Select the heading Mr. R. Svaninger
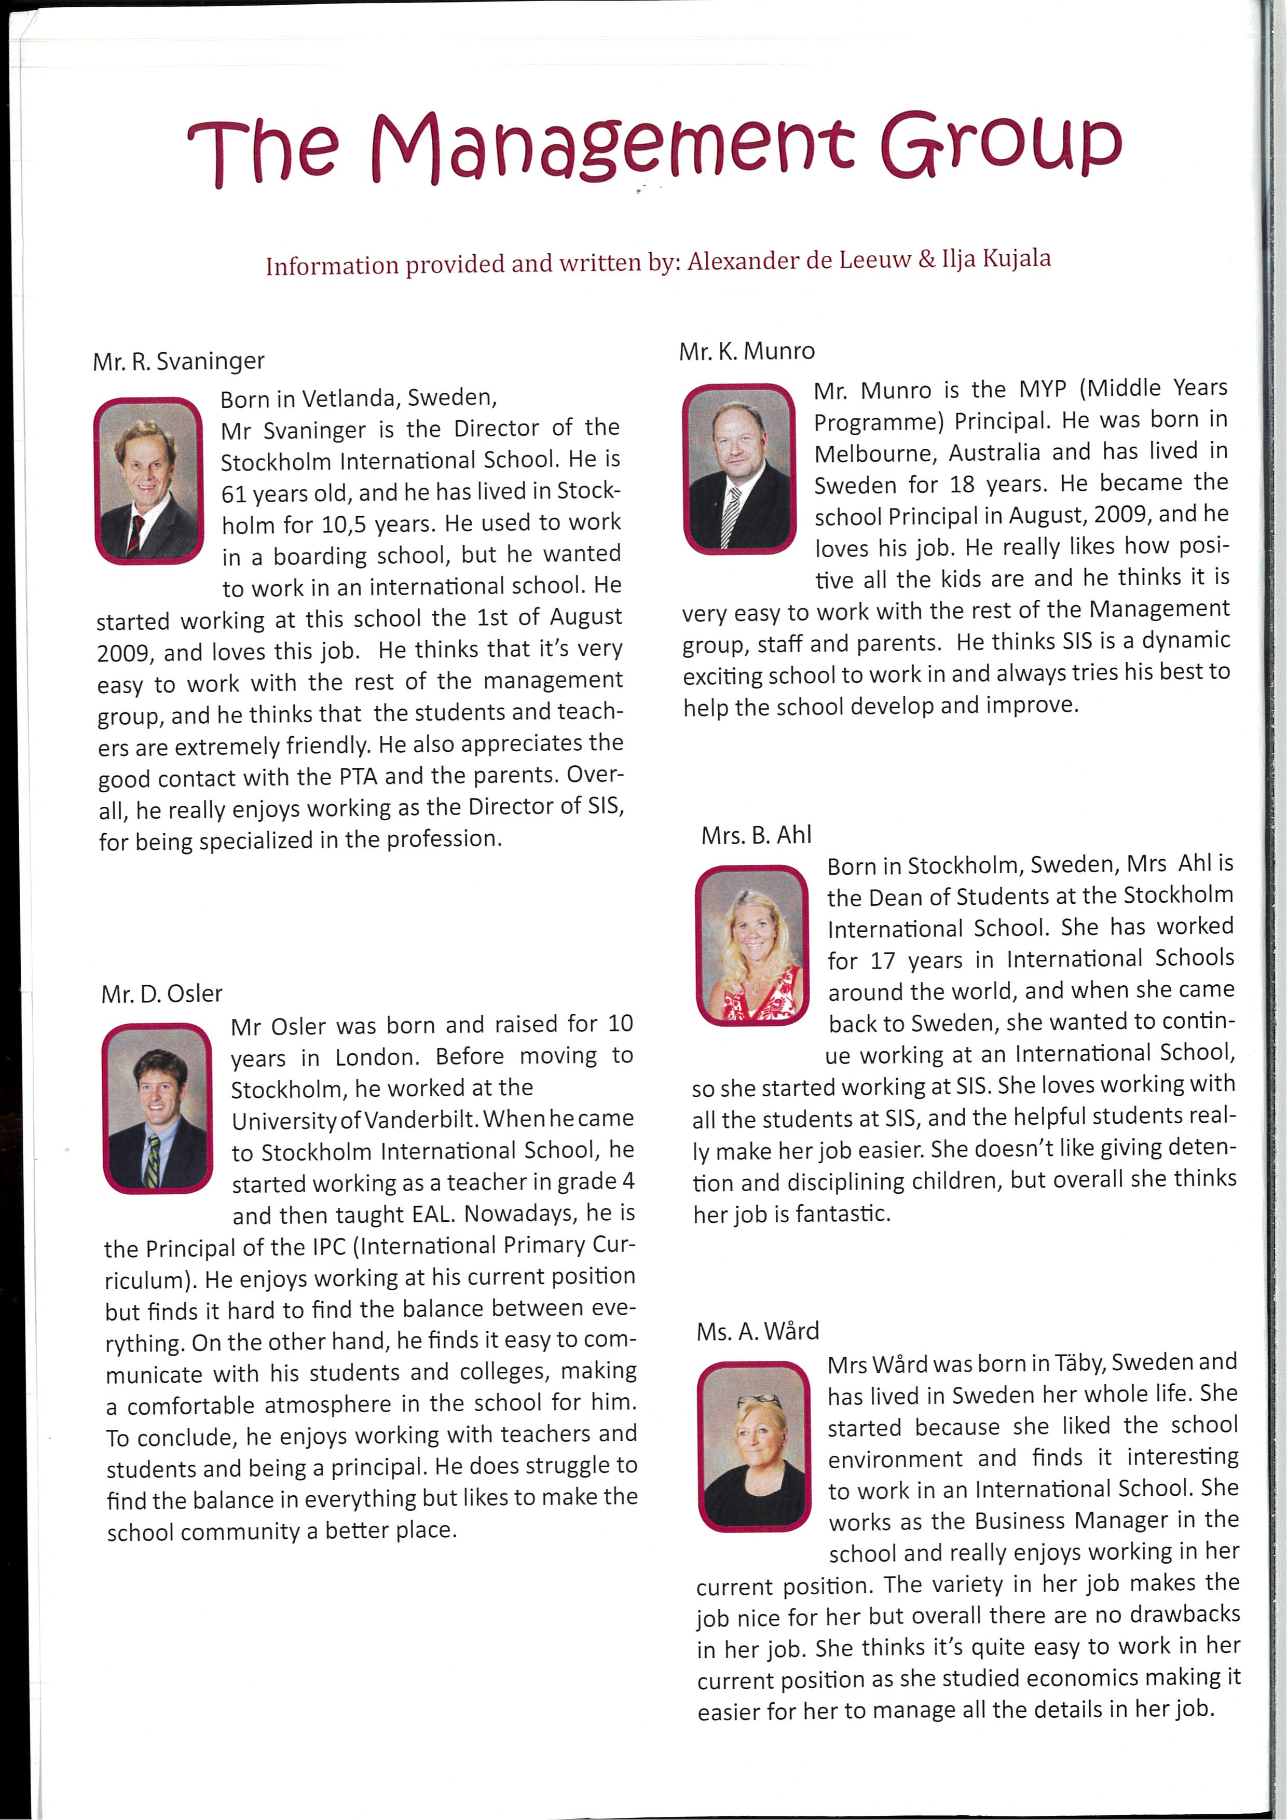point(179,362)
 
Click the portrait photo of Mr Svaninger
point(149,480)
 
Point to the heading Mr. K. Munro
point(746,351)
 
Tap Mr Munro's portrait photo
point(738,468)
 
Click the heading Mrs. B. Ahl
point(756,835)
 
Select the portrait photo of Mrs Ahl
point(752,945)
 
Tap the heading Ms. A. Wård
point(757,1331)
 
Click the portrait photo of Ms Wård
point(754,1444)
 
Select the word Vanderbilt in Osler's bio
point(420,1119)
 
